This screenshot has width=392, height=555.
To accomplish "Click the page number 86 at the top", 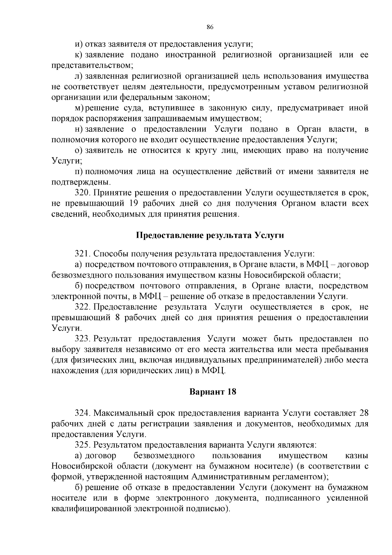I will (x=210, y=27).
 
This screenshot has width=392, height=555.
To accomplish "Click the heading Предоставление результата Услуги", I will (x=210, y=235).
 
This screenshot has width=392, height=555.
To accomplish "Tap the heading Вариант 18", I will (x=213, y=391).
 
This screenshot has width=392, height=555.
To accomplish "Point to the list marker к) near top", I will (x=78, y=55).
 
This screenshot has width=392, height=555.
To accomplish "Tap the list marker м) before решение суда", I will (x=79, y=108).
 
